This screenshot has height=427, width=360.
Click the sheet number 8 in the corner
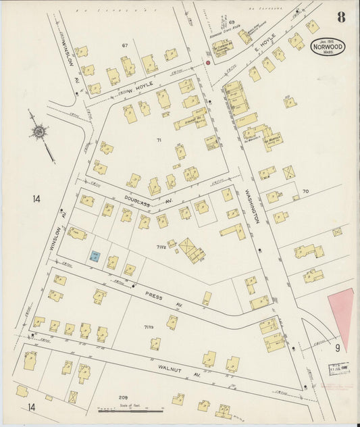(x=341, y=17)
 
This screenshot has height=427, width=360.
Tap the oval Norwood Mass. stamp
(x=328, y=46)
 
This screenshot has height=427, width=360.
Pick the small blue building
(x=95, y=256)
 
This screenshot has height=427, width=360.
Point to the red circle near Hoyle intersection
(x=208, y=62)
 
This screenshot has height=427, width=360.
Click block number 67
(x=124, y=45)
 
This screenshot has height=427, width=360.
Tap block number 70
(x=305, y=192)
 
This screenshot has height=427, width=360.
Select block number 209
(x=123, y=397)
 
